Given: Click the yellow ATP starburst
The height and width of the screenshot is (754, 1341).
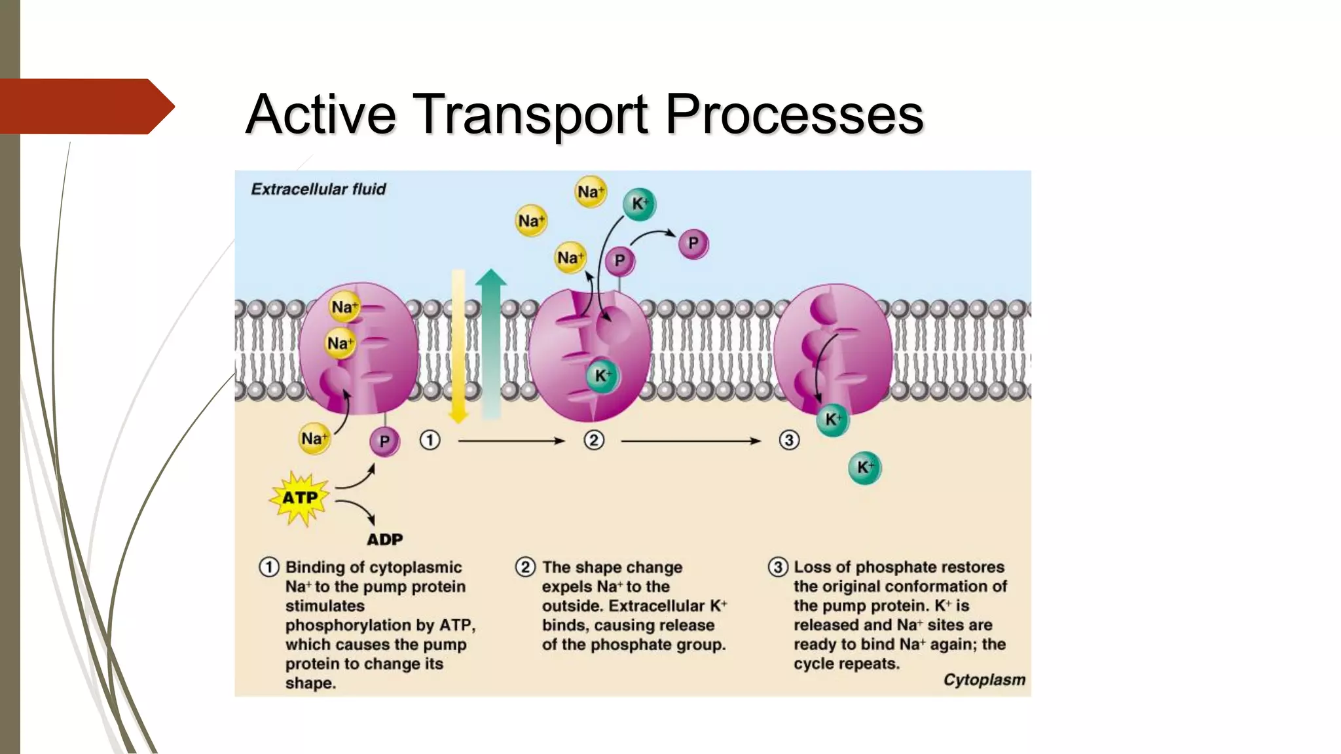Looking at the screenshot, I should (300, 499).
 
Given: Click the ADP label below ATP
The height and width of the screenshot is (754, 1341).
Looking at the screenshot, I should (384, 540).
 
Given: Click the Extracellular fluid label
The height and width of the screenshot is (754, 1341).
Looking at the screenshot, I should (318, 189).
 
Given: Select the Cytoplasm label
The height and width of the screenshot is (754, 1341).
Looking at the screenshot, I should (983, 680).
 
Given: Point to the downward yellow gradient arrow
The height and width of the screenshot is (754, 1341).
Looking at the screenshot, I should (458, 347).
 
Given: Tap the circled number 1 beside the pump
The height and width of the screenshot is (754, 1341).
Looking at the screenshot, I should (430, 440).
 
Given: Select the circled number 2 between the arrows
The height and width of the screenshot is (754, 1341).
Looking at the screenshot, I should (594, 440).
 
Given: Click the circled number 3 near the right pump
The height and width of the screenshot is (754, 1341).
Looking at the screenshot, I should (789, 440).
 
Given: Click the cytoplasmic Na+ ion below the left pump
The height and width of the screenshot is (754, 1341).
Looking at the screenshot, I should (314, 439).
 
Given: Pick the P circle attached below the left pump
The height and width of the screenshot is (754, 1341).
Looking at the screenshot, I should (384, 442).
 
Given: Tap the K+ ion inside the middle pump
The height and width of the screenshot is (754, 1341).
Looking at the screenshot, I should (602, 376).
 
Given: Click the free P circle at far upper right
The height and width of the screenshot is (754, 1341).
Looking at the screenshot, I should (693, 243).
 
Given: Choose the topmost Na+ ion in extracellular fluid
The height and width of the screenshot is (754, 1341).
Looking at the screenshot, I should (590, 192).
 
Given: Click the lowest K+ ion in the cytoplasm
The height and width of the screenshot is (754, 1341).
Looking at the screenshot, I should (864, 467).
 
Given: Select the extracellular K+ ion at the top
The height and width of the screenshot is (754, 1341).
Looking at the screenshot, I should (639, 204).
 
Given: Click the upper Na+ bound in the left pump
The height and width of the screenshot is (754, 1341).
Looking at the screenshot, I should (344, 307).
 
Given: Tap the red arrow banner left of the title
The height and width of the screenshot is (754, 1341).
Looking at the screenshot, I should (85, 106).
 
